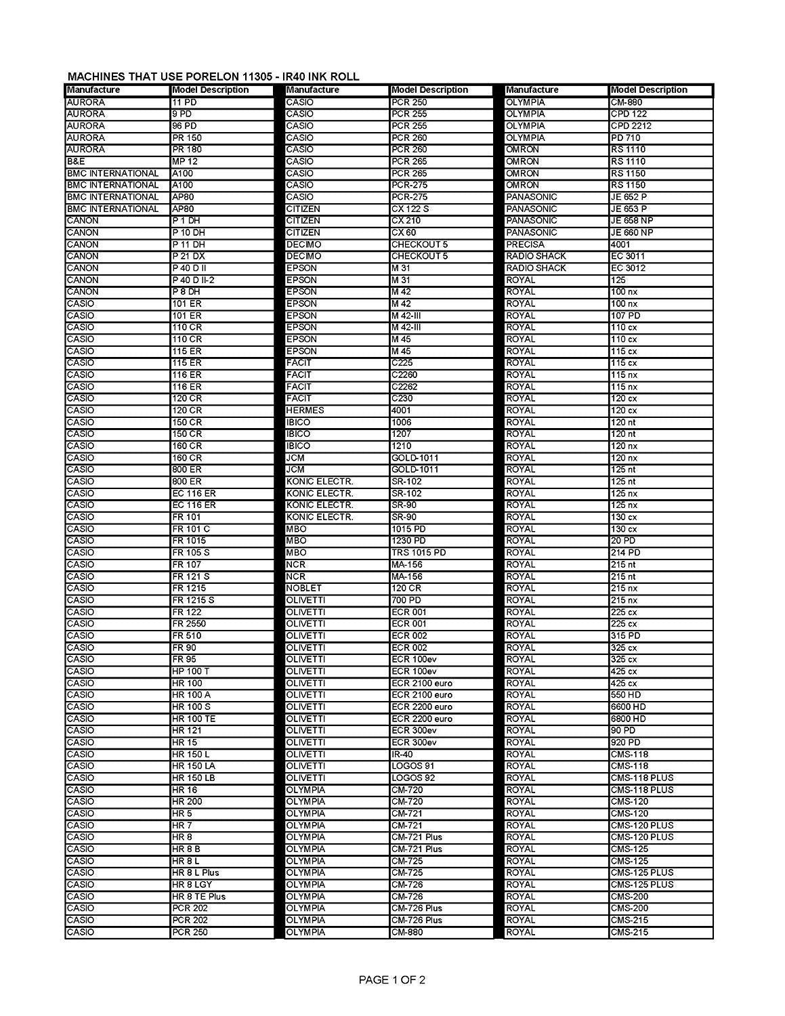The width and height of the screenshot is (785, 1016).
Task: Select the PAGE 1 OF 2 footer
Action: point(392,979)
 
